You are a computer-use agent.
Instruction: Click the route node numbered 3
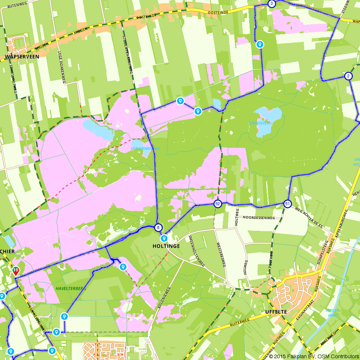coord(271,4)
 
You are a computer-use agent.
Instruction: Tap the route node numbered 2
coord(348,76)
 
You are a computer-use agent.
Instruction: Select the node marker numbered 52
coord(217,204)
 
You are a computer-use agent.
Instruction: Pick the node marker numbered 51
coord(287,204)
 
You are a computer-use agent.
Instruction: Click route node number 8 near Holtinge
coord(158,228)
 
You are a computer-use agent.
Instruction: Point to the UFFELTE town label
coord(275,312)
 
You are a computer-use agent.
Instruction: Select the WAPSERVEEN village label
coord(22,57)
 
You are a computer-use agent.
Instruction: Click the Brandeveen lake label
coord(261,123)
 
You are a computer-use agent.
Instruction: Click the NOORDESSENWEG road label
coord(258,218)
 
